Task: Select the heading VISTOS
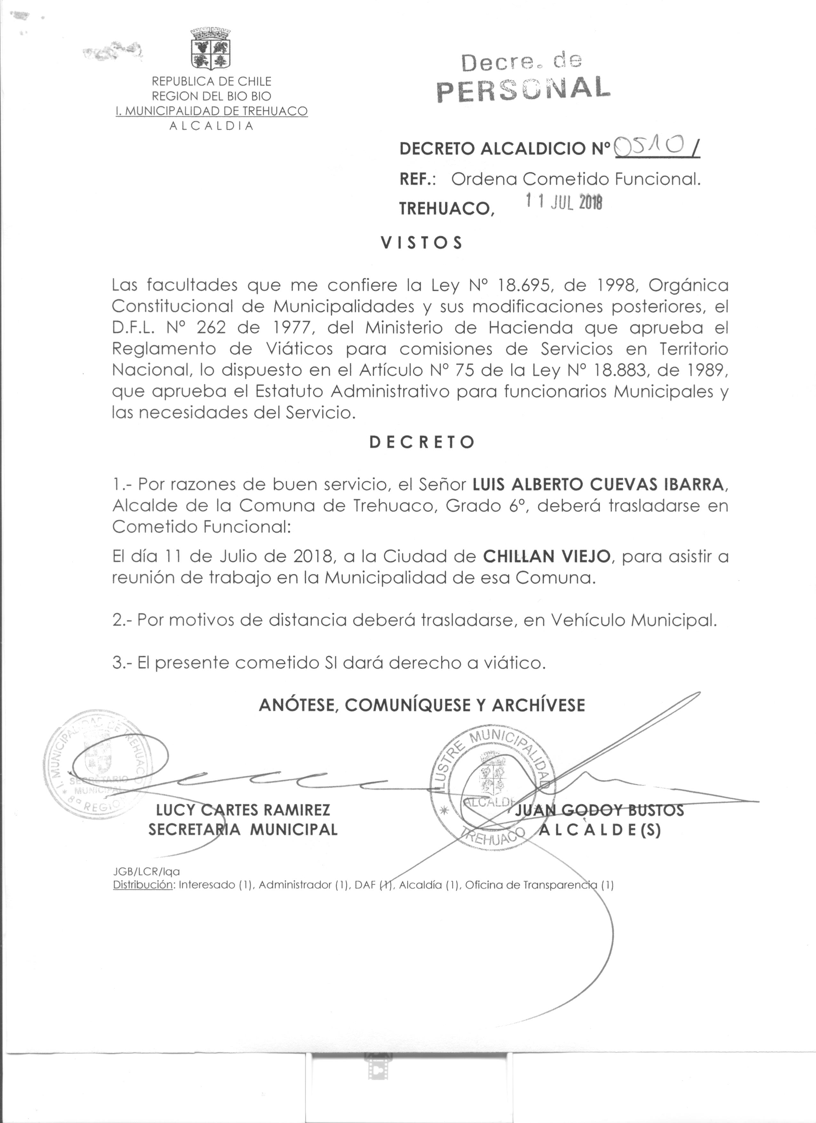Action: point(421,243)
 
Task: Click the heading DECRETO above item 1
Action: point(422,442)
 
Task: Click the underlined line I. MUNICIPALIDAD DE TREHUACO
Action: point(212,111)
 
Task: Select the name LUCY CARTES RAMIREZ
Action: point(243,810)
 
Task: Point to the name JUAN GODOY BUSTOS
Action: point(599,810)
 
